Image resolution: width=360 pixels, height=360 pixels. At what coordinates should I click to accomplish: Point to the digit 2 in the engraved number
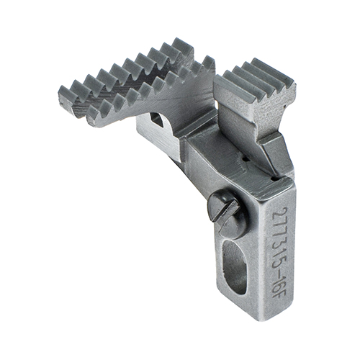(x=280, y=212)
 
